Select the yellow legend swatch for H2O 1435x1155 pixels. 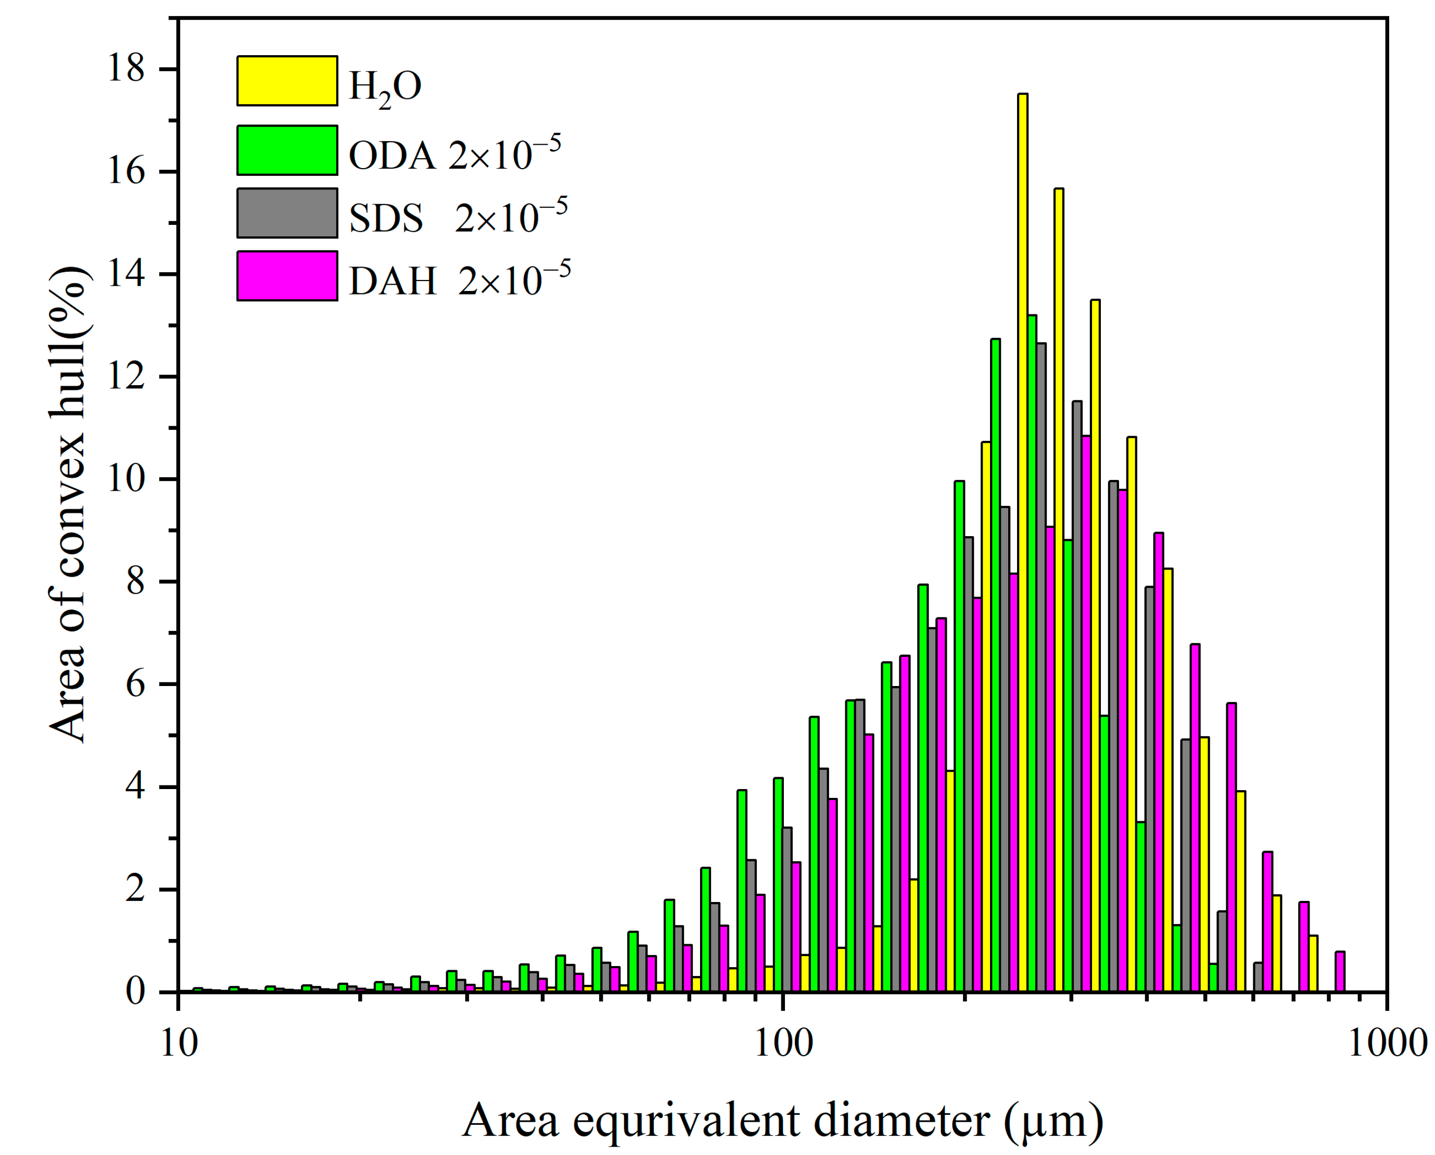287,81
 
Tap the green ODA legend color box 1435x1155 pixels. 287,150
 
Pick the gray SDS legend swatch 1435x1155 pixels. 287,213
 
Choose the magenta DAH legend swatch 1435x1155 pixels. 287,275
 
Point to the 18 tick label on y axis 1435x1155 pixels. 126,69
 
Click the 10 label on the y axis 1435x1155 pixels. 126,479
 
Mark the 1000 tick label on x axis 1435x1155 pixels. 1387,1044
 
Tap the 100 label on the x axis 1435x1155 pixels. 783,1044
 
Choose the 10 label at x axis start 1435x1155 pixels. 179,1044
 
